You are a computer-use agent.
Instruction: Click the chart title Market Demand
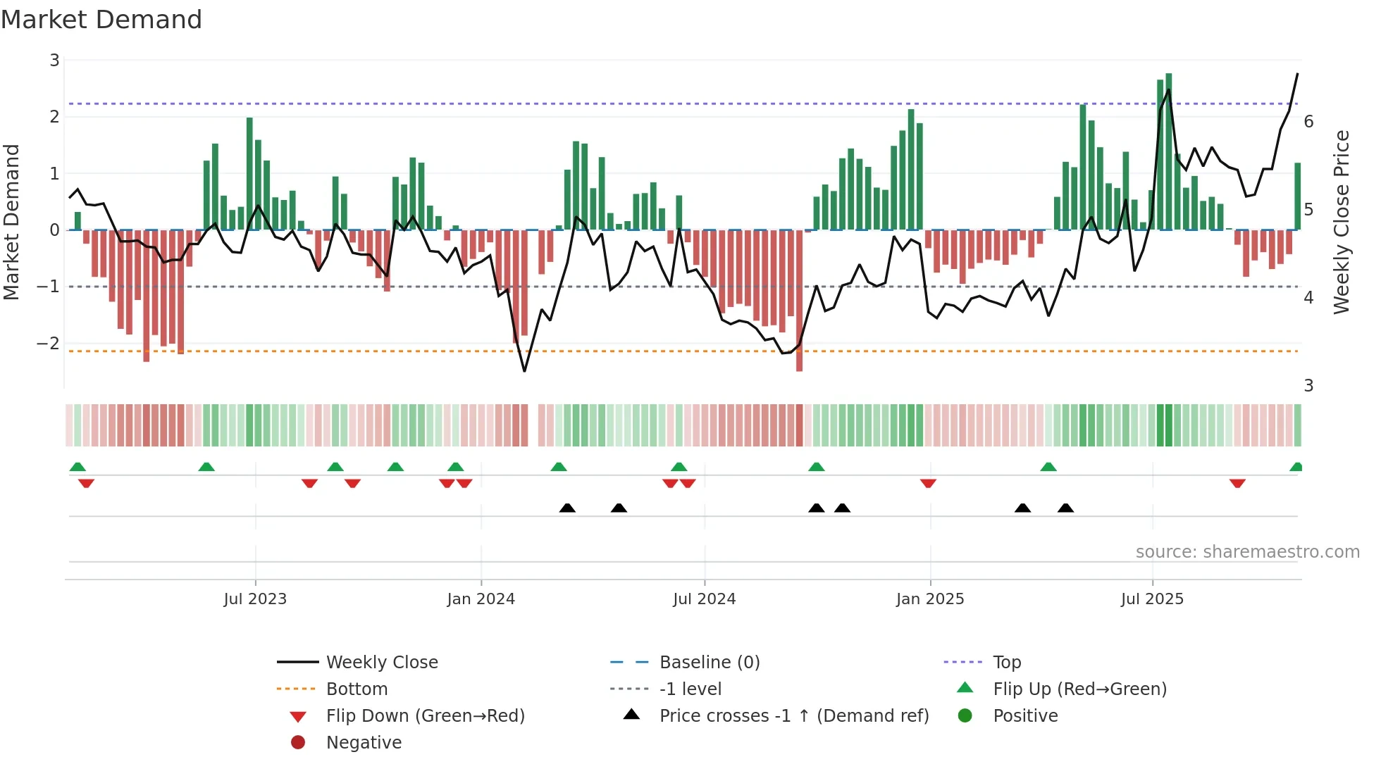101,20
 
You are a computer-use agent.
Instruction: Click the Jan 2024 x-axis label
481,599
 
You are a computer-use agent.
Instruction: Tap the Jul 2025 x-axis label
1152,599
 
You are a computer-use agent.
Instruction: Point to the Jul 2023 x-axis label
255,599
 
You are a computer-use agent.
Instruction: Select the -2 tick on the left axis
48,344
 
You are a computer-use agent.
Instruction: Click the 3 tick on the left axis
54,61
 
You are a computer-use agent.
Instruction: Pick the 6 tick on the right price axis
1308,122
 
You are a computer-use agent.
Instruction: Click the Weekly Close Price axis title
1342,222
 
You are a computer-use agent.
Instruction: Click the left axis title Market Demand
12,222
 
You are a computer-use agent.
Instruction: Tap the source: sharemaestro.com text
1247,552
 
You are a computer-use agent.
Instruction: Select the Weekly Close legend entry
381,663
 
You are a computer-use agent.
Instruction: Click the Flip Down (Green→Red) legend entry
425,716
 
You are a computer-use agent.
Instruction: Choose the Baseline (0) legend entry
709,663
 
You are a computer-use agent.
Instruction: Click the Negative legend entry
364,743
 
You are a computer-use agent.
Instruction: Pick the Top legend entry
1007,663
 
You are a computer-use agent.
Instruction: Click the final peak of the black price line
1297,74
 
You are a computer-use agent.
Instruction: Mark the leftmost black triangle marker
567,508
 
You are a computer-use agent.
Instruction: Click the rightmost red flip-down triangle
1237,483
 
